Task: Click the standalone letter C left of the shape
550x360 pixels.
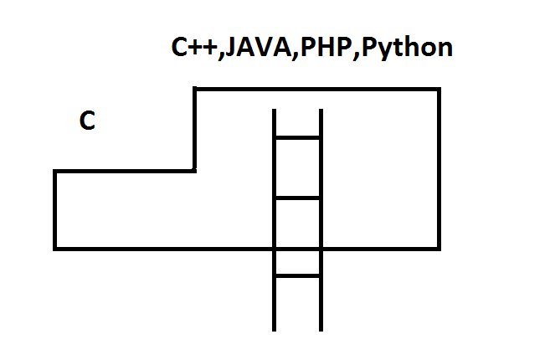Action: click(87, 122)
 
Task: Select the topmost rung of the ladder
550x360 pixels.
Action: click(298, 137)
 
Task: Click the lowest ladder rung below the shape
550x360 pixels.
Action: click(298, 275)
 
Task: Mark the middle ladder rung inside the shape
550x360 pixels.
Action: click(298, 198)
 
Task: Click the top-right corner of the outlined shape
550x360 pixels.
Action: click(439, 89)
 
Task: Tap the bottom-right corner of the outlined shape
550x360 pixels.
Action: click(439, 248)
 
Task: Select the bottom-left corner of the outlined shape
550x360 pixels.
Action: click(55, 248)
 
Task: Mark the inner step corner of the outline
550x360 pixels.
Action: click(195, 171)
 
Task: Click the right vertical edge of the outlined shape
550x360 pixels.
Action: click(439, 167)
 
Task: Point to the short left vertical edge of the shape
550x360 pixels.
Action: click(55, 209)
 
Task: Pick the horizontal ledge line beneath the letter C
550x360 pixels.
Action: click(126, 171)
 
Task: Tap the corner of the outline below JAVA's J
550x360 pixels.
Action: click(195, 89)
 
